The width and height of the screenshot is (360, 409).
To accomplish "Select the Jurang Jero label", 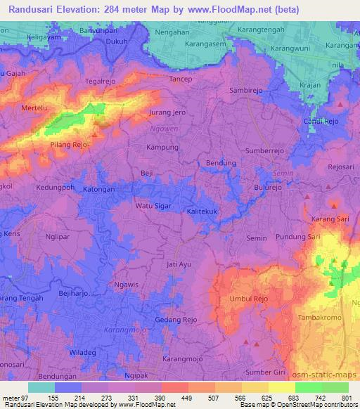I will tap(167, 112).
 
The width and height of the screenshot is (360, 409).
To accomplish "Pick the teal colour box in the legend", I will tap(41, 387).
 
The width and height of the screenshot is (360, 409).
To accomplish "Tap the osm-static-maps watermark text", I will tap(329, 372).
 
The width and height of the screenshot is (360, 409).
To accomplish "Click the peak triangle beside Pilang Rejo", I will tap(95, 136).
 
